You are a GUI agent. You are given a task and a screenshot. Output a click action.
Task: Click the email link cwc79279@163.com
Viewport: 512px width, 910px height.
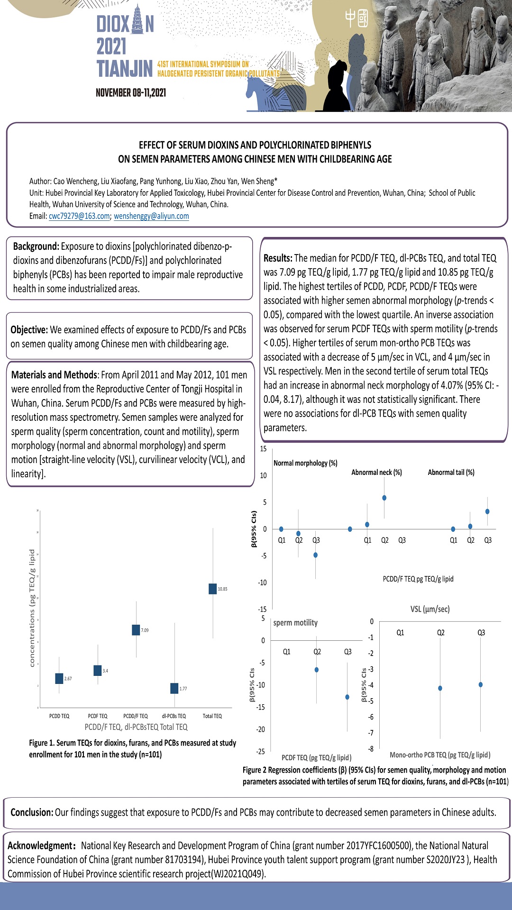(79, 216)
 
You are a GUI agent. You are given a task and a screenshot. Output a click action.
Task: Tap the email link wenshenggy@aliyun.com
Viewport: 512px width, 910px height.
(151, 216)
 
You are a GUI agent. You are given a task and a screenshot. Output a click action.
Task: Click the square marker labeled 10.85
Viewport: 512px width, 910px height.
(212, 589)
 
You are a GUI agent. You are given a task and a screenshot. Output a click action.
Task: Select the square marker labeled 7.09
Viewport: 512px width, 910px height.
(136, 630)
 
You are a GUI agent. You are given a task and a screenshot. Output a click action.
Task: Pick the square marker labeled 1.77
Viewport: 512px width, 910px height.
(174, 688)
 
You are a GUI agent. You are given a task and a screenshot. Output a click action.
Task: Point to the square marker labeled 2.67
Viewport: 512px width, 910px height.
(59, 678)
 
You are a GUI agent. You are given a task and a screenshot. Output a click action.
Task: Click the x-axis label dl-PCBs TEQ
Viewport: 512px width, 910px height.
(174, 716)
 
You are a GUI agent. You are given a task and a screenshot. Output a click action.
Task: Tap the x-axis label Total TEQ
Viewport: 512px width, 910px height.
(212, 716)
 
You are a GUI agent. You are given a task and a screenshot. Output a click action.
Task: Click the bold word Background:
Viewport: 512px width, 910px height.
(36, 246)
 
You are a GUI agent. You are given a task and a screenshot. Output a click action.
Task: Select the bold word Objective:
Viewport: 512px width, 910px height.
(29, 330)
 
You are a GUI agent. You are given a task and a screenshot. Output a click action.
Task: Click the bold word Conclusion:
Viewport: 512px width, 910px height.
(32, 812)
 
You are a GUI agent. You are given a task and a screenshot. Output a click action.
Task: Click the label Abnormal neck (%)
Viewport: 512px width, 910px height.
(376, 473)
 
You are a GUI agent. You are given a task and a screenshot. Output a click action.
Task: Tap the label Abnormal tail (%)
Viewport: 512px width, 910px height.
(451, 473)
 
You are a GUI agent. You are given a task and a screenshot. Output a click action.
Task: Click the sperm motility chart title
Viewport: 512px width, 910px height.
(295, 623)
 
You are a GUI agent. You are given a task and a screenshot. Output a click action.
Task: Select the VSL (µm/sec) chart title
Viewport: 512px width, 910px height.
(430, 609)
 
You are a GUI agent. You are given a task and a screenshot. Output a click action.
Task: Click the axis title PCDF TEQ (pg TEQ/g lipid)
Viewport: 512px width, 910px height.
(316, 757)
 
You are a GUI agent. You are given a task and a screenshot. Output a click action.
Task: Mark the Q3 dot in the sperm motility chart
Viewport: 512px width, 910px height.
(347, 697)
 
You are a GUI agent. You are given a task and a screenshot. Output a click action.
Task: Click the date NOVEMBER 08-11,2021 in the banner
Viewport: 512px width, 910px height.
(131, 93)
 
